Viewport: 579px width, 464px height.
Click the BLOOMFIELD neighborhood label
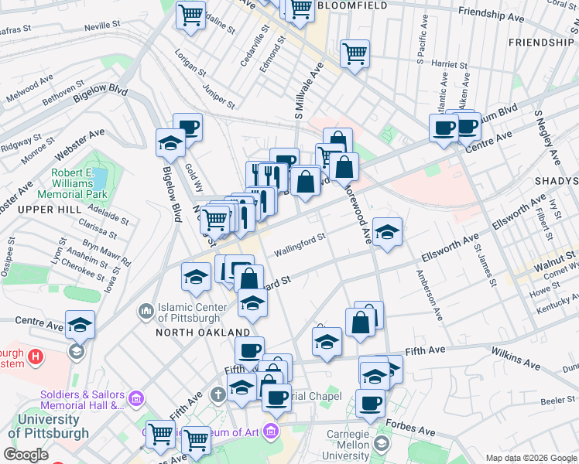pos(351,5)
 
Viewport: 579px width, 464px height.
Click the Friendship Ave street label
pos(492,14)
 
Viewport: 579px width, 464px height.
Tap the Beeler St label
pos(557,400)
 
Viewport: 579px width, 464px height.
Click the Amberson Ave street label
pos(428,295)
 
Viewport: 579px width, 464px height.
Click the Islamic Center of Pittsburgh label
pos(192,312)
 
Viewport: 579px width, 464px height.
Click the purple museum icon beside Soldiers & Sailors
pos(136,399)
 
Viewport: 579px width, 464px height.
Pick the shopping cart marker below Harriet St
pos(355,54)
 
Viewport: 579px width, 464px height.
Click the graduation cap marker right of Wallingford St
pos(386,231)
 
